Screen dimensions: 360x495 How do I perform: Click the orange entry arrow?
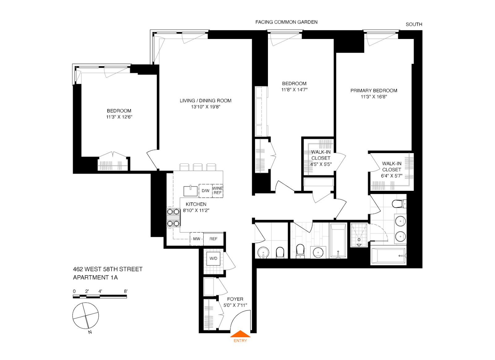click(x=240, y=334)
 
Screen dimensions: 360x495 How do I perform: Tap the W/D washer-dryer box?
click(x=213, y=259)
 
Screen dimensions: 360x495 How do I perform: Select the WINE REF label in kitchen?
click(x=217, y=191)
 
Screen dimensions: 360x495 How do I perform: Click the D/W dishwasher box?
click(x=205, y=191)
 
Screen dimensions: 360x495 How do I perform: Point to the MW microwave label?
click(x=196, y=239)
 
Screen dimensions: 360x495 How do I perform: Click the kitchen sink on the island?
click(x=191, y=191)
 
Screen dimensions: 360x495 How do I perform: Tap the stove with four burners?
click(x=174, y=217)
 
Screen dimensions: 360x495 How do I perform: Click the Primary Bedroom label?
click(x=374, y=91)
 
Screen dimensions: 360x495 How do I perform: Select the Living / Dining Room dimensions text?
click(x=205, y=107)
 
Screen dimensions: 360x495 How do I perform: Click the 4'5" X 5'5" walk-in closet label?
click(x=321, y=164)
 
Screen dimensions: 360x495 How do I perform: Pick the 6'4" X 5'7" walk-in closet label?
click(x=391, y=176)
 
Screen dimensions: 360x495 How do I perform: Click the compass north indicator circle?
click(x=85, y=316)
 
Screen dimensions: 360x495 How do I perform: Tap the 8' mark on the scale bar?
click(x=126, y=291)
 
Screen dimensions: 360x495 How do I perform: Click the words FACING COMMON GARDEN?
click(x=286, y=22)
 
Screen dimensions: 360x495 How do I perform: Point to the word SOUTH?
click(x=414, y=24)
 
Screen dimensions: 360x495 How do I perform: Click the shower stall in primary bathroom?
click(x=359, y=235)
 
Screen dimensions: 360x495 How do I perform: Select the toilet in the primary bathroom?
click(x=398, y=204)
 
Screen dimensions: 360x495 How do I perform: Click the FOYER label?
click(x=235, y=299)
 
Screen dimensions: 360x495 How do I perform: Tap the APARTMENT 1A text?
click(x=95, y=277)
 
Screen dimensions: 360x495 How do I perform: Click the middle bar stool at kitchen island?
click(x=197, y=167)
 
